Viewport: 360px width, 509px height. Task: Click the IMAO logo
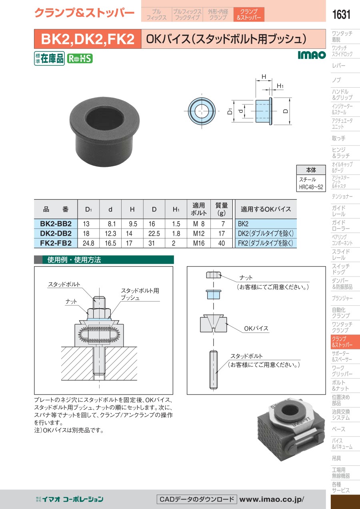(x=312, y=55)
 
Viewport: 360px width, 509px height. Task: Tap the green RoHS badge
(x=80, y=59)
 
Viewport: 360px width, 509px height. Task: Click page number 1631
(x=341, y=14)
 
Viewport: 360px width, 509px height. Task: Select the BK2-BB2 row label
(x=56, y=224)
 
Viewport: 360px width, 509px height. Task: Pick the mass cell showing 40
(x=222, y=243)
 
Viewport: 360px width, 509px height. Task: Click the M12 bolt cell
(x=199, y=234)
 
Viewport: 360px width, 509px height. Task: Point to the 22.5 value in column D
(x=154, y=234)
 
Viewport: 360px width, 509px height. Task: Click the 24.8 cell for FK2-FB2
(x=88, y=243)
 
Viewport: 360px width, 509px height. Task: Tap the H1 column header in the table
(x=176, y=209)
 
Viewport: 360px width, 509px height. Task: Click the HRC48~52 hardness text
(x=311, y=187)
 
